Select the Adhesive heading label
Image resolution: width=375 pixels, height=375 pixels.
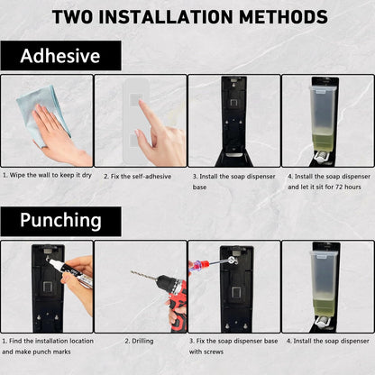(60, 56)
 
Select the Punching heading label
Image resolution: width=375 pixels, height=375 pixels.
(60, 220)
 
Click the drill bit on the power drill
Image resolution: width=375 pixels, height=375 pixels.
(144, 276)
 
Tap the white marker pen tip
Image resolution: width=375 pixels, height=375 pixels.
(51, 262)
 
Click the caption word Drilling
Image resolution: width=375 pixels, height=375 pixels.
(142, 341)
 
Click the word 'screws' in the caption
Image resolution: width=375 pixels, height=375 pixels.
(214, 352)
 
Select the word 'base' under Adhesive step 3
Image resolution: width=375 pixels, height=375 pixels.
(199, 187)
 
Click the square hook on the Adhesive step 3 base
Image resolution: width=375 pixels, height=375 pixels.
(233, 103)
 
